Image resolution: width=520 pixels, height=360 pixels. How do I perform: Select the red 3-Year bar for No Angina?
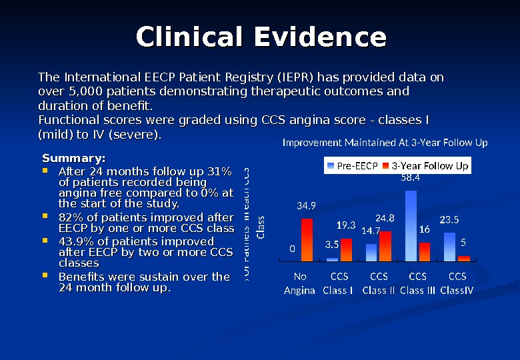(x=307, y=240)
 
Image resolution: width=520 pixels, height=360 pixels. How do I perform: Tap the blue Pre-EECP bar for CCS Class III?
(x=411, y=226)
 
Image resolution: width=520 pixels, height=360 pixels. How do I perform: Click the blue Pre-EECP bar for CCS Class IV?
(x=450, y=247)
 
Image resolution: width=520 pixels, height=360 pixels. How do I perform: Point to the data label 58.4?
(x=410, y=178)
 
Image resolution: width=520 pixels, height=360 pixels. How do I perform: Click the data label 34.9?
(x=306, y=206)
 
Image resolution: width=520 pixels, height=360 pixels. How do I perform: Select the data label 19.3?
(x=345, y=225)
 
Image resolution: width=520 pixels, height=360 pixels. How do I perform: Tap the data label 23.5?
(x=450, y=219)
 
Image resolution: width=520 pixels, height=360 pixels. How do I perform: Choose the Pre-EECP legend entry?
(x=352, y=165)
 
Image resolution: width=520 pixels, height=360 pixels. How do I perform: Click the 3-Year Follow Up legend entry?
(x=429, y=165)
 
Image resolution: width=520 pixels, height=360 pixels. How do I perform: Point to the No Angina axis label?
(x=300, y=283)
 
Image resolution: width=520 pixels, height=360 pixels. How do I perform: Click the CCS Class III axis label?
(x=417, y=283)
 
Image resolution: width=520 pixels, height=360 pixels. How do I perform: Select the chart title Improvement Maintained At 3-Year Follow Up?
(x=385, y=143)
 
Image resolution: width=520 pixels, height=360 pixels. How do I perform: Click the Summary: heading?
(x=73, y=159)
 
